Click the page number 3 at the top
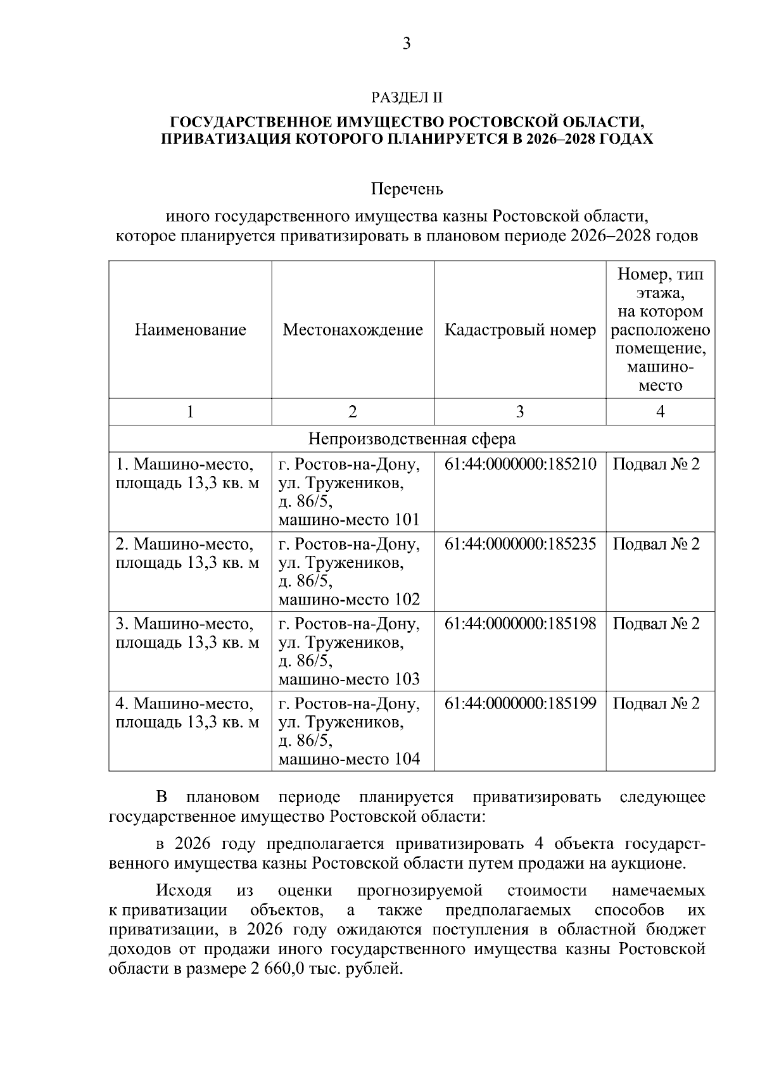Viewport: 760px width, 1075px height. click(407, 44)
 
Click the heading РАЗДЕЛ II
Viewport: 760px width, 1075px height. click(407, 97)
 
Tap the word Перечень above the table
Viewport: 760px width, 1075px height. click(407, 189)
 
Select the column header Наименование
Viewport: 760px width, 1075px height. click(190, 330)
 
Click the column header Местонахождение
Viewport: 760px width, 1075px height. click(353, 330)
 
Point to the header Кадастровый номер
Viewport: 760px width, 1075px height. click(520, 330)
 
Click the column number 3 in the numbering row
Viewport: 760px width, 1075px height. click(520, 412)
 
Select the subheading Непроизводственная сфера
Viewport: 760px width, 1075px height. click(412, 439)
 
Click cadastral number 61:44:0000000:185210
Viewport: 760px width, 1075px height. click(520, 464)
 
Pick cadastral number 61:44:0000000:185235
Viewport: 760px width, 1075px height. click(520, 544)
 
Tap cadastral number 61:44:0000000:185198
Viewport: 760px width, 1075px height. click(520, 624)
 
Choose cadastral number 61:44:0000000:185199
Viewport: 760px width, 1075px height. click(520, 703)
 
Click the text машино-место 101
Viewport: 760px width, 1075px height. click(349, 520)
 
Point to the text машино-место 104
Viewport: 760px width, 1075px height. click(349, 759)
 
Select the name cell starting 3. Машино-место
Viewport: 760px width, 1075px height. click(187, 633)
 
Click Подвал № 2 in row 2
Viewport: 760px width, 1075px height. click(656, 544)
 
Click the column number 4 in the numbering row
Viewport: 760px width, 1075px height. click(661, 412)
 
